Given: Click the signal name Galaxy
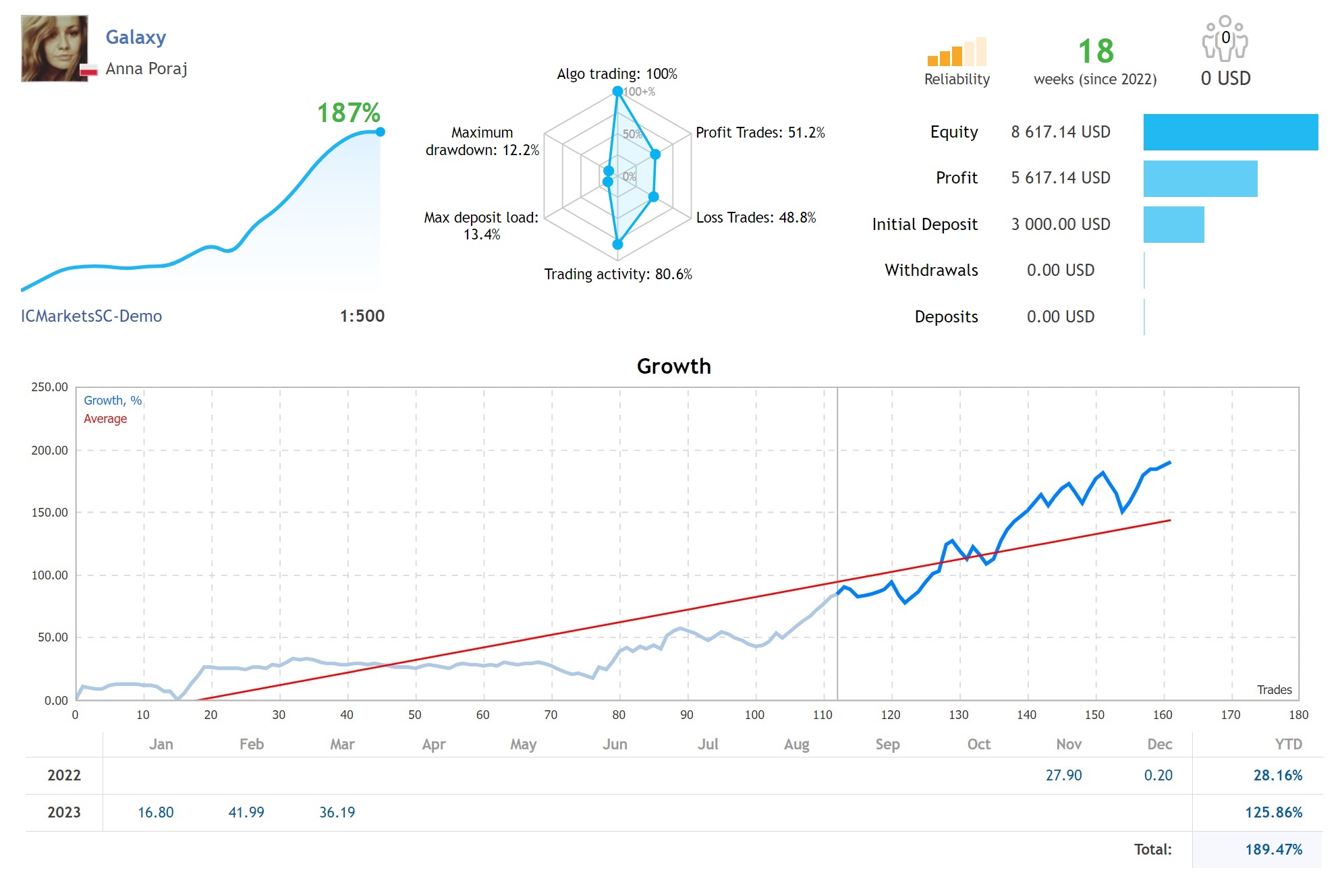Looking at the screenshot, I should [136, 37].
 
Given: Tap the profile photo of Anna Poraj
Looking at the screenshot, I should [55, 49].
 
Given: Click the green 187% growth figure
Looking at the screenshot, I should [348, 113].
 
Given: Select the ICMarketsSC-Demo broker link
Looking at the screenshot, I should [91, 316].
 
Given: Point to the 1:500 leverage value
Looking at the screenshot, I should [362, 316].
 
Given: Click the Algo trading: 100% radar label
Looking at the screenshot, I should [617, 74].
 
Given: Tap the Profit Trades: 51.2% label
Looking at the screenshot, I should [760, 133].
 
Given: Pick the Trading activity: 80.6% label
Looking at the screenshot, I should [618, 275].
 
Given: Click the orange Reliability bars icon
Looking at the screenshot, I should [957, 53].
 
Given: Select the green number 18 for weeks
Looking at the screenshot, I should [1095, 51].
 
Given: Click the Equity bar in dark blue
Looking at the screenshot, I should [1230, 132].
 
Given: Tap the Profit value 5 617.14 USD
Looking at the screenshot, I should [1060, 178].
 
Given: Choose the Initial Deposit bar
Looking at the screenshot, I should [1173, 225].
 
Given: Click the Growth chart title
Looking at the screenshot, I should [673, 366].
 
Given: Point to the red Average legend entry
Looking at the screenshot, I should [105, 419].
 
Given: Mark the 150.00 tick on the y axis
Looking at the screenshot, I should [50, 513].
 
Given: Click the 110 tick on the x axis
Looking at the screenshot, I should [822, 715].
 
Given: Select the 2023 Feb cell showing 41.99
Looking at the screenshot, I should [246, 813].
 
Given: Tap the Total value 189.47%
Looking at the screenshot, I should [1273, 850].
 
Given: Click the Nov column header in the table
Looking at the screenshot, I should [1069, 745].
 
